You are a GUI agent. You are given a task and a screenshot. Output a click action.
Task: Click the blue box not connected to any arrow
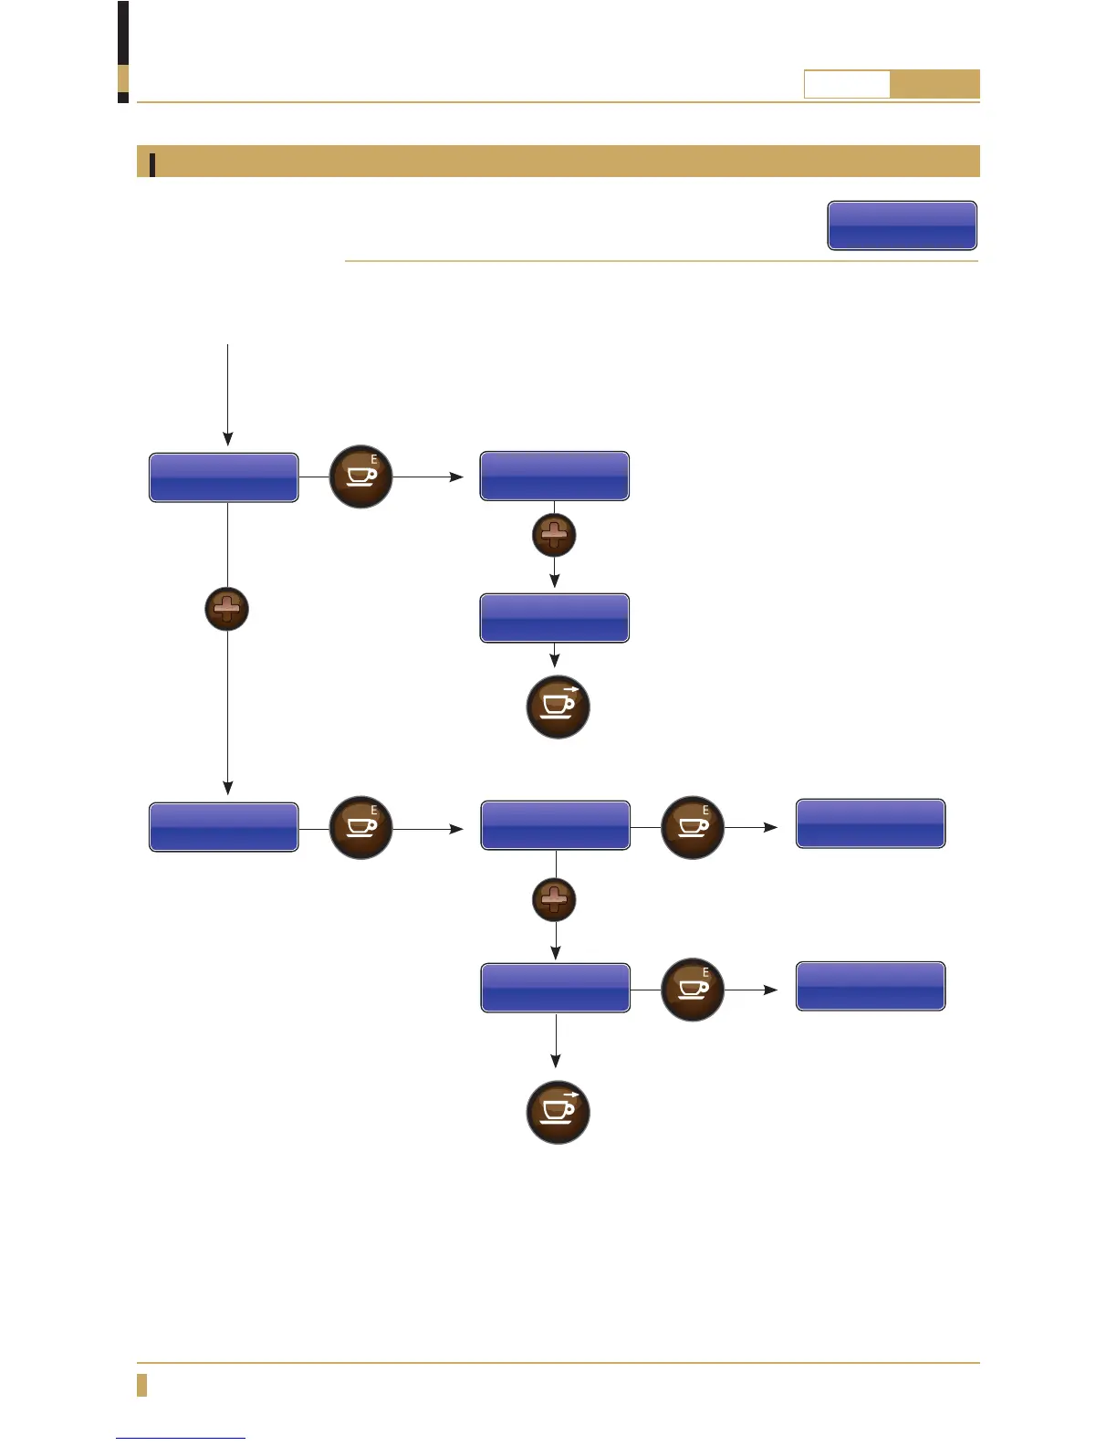(x=902, y=225)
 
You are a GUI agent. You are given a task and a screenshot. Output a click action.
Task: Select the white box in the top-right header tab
(x=846, y=84)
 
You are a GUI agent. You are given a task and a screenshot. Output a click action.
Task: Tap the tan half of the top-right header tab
(x=934, y=84)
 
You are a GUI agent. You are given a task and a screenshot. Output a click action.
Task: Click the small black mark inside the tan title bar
(x=152, y=163)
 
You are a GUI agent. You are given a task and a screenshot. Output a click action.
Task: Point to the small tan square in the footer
(x=141, y=1385)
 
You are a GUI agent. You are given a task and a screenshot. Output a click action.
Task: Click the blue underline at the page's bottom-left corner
(x=181, y=1439)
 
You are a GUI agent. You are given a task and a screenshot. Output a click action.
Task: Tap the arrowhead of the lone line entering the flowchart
(x=227, y=439)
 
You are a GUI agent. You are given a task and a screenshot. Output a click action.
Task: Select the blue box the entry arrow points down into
(x=224, y=477)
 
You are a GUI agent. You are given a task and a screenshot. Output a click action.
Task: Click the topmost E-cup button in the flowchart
(x=360, y=477)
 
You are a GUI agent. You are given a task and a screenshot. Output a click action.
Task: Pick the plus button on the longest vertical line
(x=227, y=609)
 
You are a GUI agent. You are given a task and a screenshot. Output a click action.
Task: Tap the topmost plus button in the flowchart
(x=554, y=535)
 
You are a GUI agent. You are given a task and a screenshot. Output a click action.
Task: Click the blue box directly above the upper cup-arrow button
(x=554, y=618)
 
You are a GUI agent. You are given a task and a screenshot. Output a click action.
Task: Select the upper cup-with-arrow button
(x=558, y=707)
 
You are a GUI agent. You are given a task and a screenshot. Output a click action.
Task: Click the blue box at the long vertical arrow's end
(x=224, y=827)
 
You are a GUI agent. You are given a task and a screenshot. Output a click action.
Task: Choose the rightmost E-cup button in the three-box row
(x=692, y=827)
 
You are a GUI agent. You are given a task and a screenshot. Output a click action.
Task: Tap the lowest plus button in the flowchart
(x=554, y=900)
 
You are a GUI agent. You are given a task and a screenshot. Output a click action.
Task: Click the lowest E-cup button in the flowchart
(x=692, y=990)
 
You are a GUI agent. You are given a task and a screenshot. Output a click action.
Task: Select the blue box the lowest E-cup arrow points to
(x=871, y=986)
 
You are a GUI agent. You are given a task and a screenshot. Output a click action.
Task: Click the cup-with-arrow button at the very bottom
(x=558, y=1112)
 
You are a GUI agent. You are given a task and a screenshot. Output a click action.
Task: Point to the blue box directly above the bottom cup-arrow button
(x=555, y=988)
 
